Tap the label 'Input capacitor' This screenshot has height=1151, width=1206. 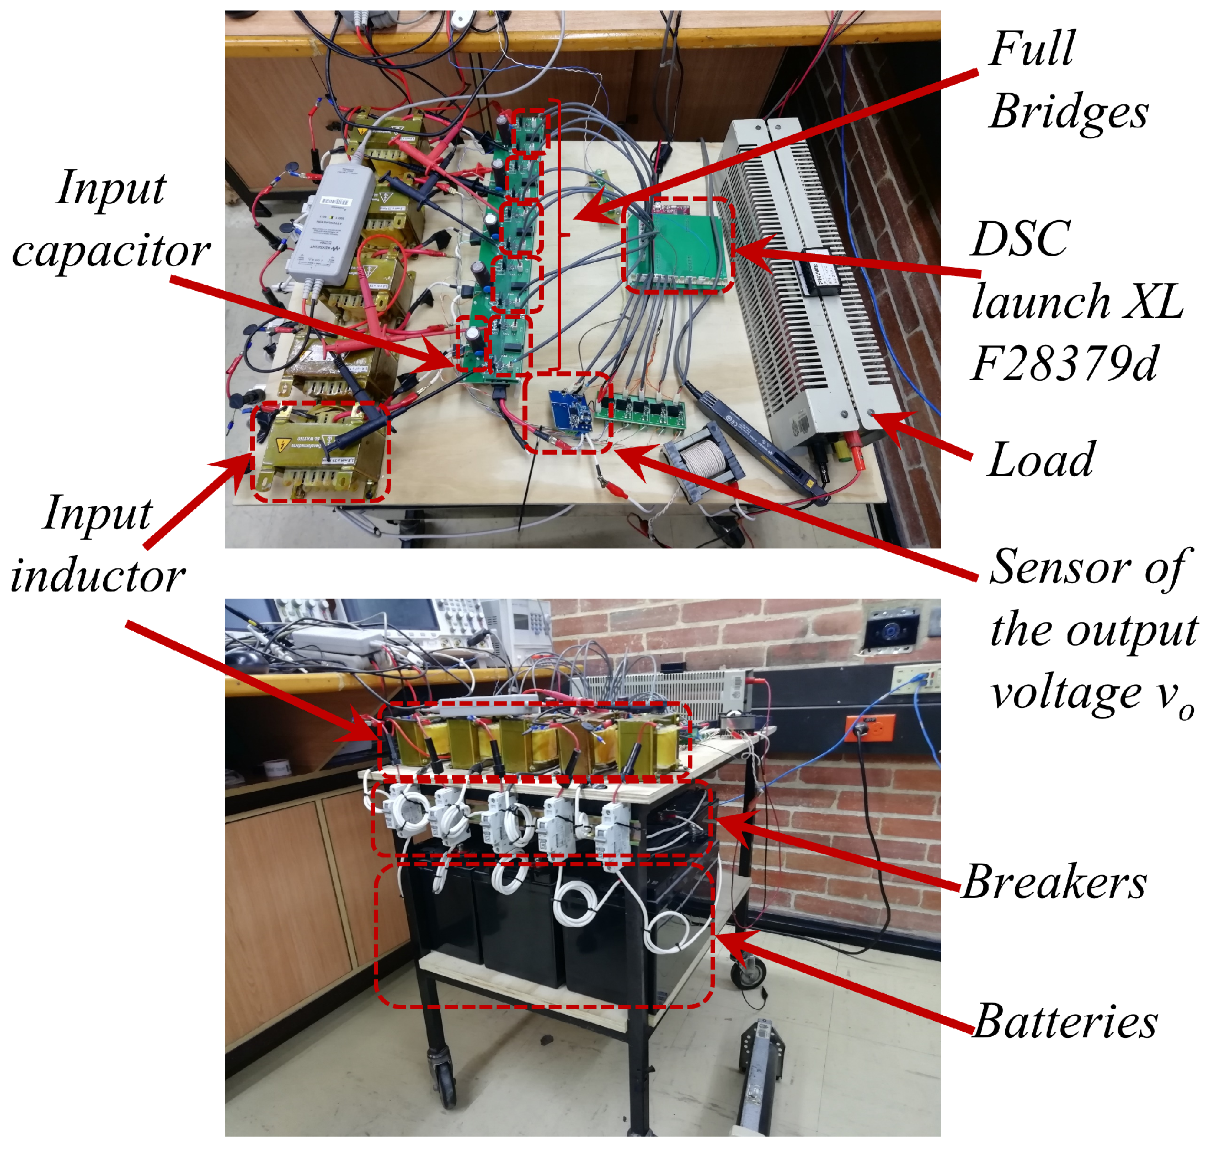click(110, 220)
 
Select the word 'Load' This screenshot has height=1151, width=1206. click(1041, 460)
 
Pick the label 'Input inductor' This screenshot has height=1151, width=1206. click(98, 545)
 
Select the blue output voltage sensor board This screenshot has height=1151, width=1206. click(570, 410)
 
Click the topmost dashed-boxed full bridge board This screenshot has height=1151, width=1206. click(529, 131)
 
